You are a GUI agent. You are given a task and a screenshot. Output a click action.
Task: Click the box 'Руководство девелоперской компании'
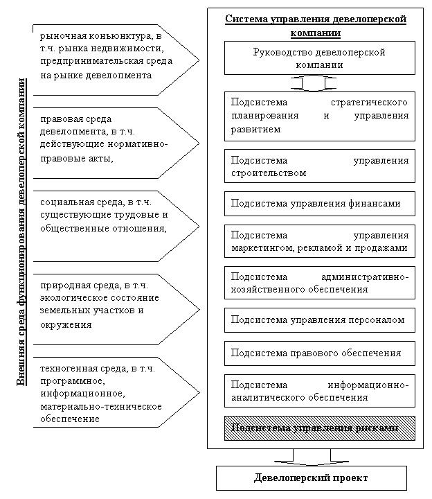pyautogui.click(x=319, y=58)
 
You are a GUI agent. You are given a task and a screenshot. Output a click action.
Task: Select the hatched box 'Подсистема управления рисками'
pyautogui.click(x=319, y=428)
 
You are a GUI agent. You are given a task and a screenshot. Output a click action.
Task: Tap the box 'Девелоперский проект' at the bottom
pyautogui.click(x=311, y=478)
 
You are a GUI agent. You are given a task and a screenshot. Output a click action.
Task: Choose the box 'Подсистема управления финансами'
pyautogui.click(x=319, y=204)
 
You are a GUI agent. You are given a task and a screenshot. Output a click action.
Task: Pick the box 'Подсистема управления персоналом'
pyautogui.click(x=319, y=320)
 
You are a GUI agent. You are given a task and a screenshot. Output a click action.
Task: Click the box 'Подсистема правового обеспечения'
pyautogui.click(x=319, y=353)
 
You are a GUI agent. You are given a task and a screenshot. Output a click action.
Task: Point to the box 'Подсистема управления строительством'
pyautogui.click(x=319, y=166)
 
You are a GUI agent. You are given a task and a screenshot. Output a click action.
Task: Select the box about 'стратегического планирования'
pyautogui.click(x=319, y=116)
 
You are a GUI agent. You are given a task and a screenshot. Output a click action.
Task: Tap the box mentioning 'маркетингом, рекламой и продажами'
pyautogui.click(x=319, y=241)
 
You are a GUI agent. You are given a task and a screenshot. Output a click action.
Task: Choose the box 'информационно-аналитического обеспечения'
pyautogui.click(x=319, y=392)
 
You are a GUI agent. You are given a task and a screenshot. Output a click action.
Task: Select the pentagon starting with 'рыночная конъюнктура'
pyautogui.click(x=111, y=60)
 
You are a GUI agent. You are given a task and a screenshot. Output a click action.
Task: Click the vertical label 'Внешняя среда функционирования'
pyautogui.click(x=21, y=232)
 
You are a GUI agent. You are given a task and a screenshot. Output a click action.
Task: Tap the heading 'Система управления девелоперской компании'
pyautogui.click(x=316, y=26)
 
